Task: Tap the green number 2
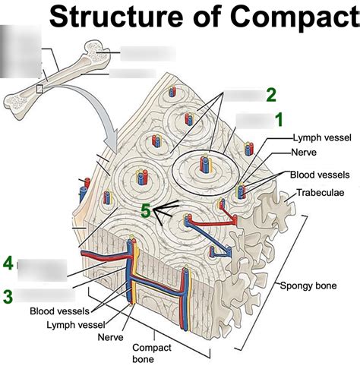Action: click(271, 95)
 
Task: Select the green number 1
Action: click(279, 119)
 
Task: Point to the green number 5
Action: click(145, 212)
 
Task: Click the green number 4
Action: click(8, 263)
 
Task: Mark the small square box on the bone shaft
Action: click(39, 89)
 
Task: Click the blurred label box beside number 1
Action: click(253, 120)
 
